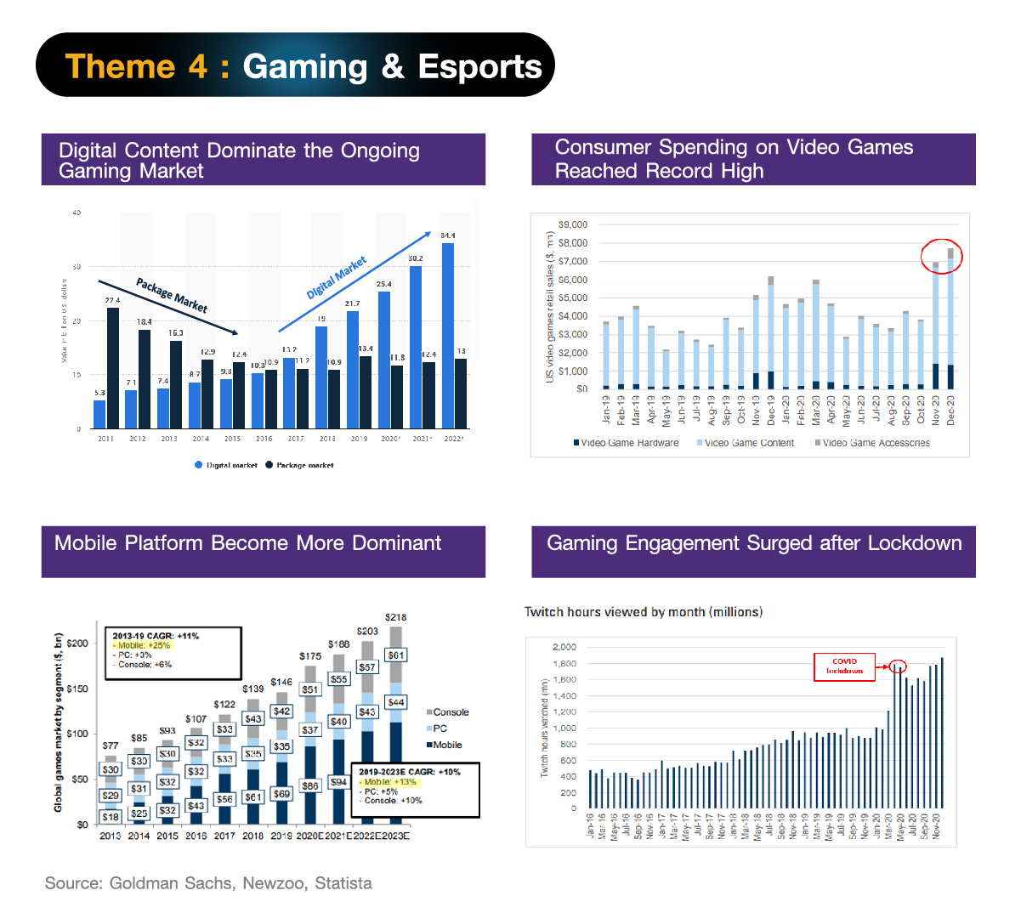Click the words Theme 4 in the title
(136, 66)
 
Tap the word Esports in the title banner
(479, 66)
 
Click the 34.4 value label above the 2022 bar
(447, 235)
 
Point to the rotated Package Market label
(172, 295)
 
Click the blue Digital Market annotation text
(337, 277)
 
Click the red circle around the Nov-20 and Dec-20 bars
(942, 255)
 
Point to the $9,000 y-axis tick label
(573, 224)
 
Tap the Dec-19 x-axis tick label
(771, 410)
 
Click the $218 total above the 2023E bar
(395, 617)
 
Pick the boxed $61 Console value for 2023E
(396, 655)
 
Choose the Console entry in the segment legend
(447, 712)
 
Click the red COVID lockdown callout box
(844, 666)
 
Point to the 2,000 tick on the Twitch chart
(564, 647)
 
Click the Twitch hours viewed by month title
(643, 612)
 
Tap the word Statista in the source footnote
(343, 883)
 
